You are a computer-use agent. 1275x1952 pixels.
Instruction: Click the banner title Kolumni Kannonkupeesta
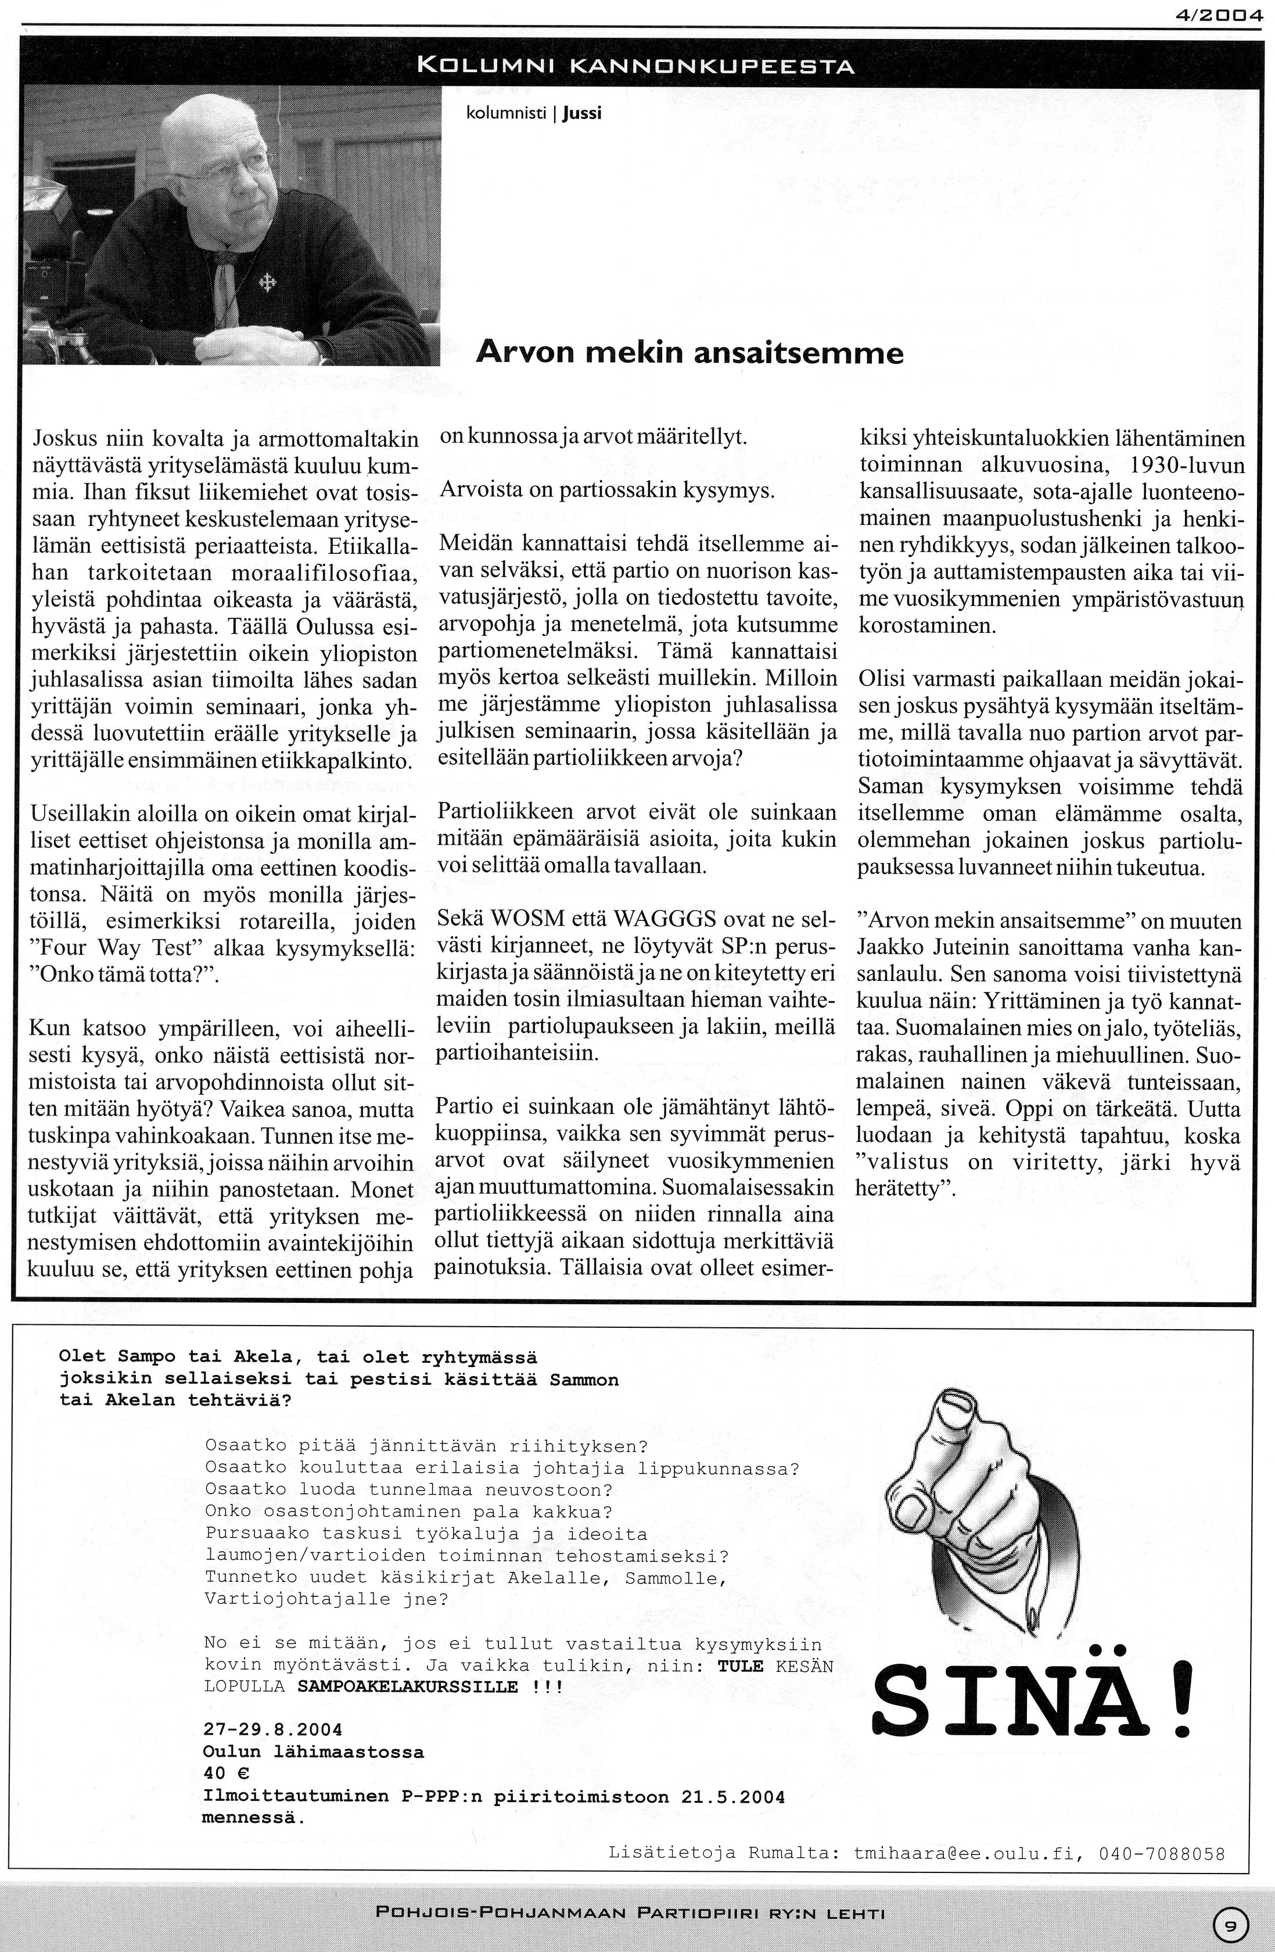coord(635,66)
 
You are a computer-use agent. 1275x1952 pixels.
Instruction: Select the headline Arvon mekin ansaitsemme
coord(689,353)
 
